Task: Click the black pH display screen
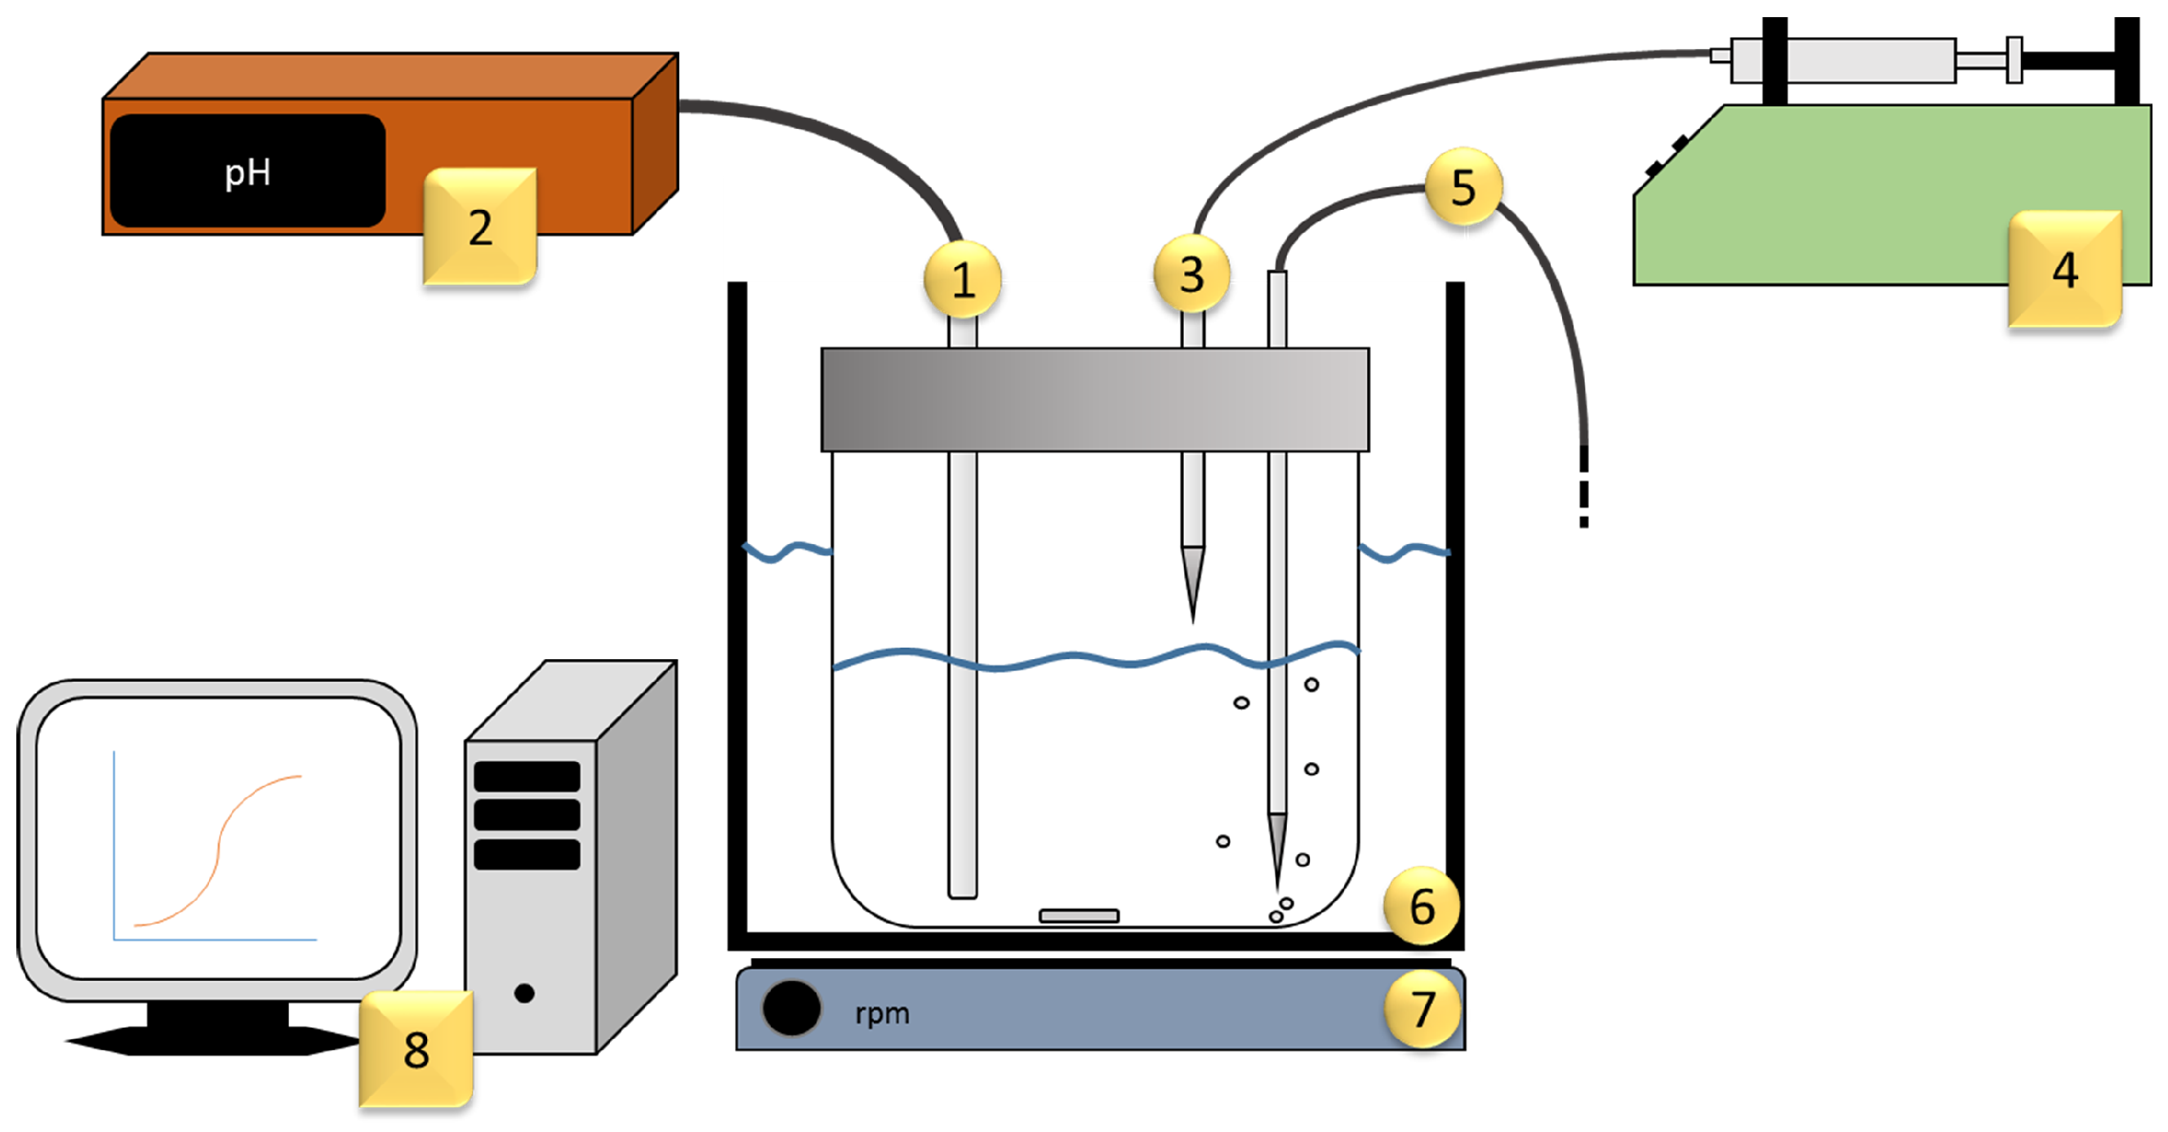coord(247,171)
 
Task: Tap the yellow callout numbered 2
coord(479,226)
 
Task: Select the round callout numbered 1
coord(963,279)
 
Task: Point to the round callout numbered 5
coord(1463,186)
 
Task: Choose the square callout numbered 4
coord(2064,270)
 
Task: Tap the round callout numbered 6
coord(1422,906)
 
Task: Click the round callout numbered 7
coord(1422,1009)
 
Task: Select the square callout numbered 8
coord(416,1049)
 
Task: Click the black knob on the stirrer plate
coord(791,1007)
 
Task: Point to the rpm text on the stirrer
coord(882,1013)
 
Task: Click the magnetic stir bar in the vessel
coord(1079,916)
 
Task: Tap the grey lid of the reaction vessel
coord(1094,399)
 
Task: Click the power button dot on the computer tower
coord(524,993)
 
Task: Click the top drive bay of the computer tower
coord(527,776)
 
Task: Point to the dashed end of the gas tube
coord(1584,497)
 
